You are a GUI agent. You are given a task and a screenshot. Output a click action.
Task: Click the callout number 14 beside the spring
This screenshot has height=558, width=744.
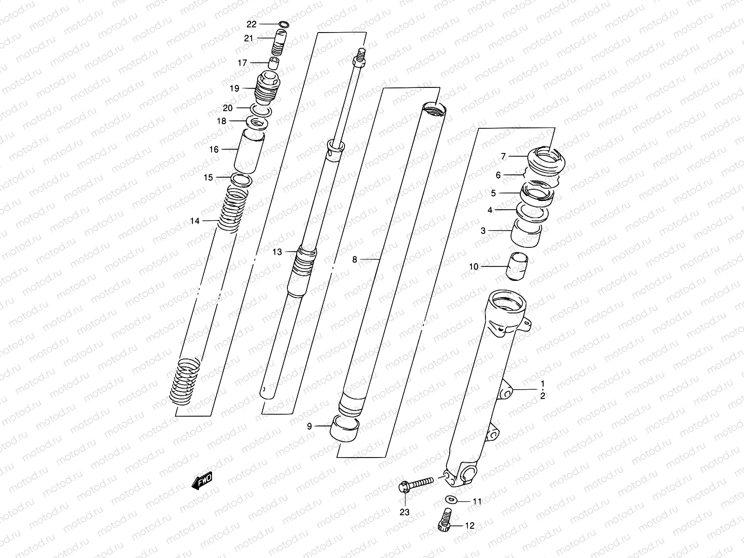pos(194,221)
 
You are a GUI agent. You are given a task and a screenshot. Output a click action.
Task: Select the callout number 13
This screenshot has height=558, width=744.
pos(277,252)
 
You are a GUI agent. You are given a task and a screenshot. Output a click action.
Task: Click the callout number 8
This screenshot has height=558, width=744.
pos(354,259)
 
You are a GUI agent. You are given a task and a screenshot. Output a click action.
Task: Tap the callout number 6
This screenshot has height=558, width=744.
pos(498,175)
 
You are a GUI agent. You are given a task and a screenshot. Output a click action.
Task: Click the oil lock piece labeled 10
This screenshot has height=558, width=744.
pos(517,267)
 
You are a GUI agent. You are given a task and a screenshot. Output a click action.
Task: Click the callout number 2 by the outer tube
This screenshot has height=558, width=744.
pos(542,396)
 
